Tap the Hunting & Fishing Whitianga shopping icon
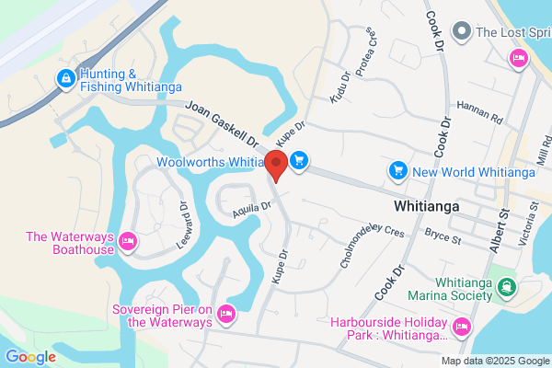(65, 80)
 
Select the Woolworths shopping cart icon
(299, 162)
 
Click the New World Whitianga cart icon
(397, 171)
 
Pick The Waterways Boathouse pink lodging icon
(128, 243)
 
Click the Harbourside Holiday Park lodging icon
(461, 326)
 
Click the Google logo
(30, 356)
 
